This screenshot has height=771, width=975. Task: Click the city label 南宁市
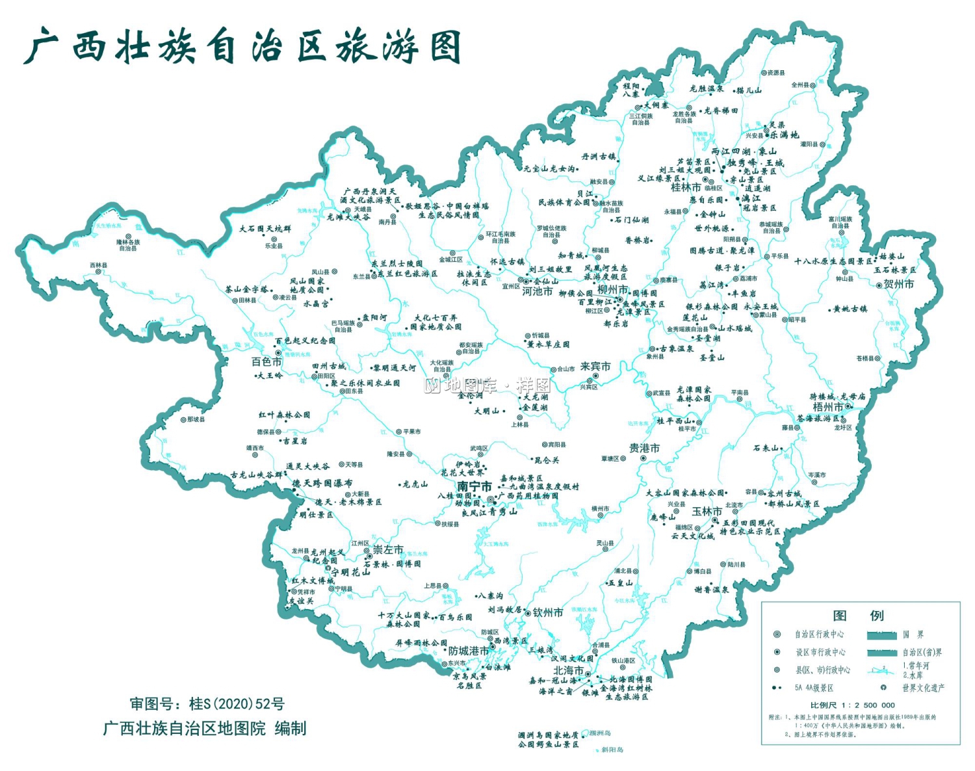coord(474,487)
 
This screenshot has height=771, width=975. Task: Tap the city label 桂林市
coord(686,188)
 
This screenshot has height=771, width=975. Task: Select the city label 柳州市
coord(612,289)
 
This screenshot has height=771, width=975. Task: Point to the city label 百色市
coord(266,361)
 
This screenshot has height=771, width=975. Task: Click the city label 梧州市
coord(828,407)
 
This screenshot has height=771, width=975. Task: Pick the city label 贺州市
coord(898,284)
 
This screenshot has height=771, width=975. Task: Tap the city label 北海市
coord(568,670)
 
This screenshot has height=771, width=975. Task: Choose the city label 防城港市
coord(469,651)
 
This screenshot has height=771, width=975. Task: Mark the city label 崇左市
coord(387,550)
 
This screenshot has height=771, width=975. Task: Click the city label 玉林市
coord(707,512)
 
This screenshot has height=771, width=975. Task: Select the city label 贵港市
coord(644,448)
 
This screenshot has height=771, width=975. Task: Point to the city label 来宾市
coord(595,367)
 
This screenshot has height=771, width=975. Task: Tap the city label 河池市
coord(538,291)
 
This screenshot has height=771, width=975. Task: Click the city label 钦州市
coord(548,612)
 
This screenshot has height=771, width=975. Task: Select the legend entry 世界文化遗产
coord(923,688)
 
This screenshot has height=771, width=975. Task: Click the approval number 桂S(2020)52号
coord(237,704)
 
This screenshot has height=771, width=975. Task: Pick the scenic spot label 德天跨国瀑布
coord(322,484)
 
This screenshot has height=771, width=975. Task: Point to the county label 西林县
coord(99,266)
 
